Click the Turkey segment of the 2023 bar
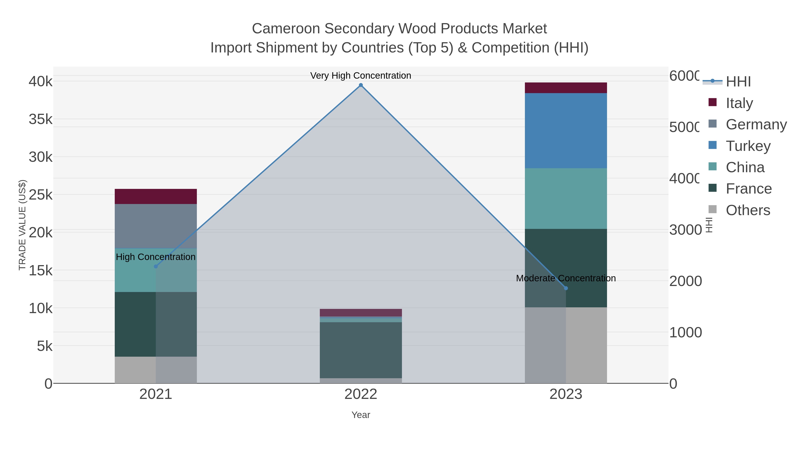[566, 130]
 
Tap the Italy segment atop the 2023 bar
[566, 88]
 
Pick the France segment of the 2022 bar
[360, 350]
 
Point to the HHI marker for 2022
[361, 85]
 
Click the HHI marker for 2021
[156, 266]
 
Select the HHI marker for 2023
[566, 288]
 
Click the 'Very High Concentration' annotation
[360, 76]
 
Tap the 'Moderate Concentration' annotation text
[566, 278]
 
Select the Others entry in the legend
[748, 210]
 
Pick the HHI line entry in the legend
[738, 81]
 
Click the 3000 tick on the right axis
[685, 230]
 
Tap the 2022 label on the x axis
[360, 394]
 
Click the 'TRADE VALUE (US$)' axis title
[22, 225]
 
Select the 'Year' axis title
[360, 415]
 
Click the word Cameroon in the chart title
[286, 29]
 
